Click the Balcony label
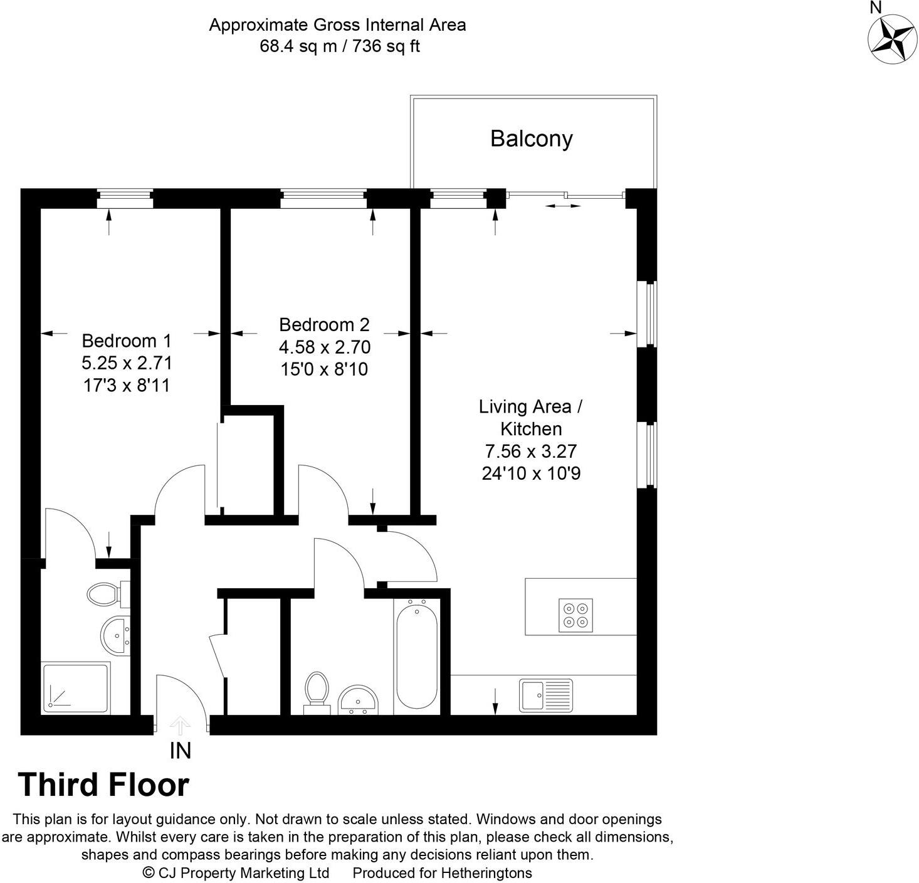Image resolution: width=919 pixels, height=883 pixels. [x=531, y=139]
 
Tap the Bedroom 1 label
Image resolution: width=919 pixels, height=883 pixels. [x=126, y=341]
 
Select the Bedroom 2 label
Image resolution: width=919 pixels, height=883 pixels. [x=324, y=324]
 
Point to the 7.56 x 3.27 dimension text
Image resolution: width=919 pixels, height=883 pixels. [x=530, y=451]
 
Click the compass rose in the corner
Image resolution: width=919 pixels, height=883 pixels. [x=891, y=39]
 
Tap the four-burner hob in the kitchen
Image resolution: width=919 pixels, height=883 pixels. [x=575, y=615]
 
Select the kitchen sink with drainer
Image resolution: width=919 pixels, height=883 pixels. [x=545, y=695]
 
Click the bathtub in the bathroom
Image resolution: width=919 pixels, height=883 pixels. [x=417, y=655]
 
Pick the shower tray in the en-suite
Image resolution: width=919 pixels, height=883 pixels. [x=75, y=688]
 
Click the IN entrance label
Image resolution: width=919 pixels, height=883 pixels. [x=180, y=751]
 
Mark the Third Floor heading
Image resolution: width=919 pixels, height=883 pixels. [x=103, y=785]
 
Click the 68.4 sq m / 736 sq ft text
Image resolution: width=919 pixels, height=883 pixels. [x=339, y=46]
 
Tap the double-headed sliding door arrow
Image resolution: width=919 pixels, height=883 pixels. [x=563, y=205]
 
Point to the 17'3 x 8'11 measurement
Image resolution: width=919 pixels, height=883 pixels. [x=126, y=385]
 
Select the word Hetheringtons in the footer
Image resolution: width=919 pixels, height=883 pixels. [x=486, y=873]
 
